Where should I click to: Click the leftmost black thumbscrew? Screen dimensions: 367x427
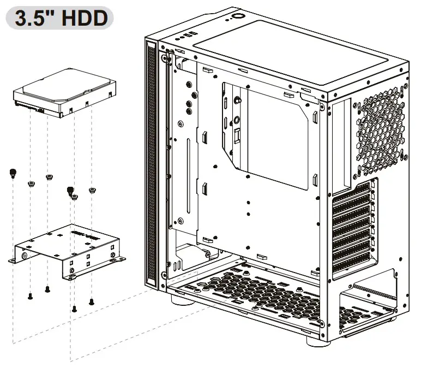pos(12,174)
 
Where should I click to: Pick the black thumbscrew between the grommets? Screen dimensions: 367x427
pos(70,191)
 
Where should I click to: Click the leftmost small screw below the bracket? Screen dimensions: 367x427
pos(30,297)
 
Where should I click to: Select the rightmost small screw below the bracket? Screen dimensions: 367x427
pos(91,300)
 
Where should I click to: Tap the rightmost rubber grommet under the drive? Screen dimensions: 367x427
pos(92,191)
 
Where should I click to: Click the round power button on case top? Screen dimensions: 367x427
pos(239,16)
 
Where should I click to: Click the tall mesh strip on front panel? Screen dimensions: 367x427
pos(151,164)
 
